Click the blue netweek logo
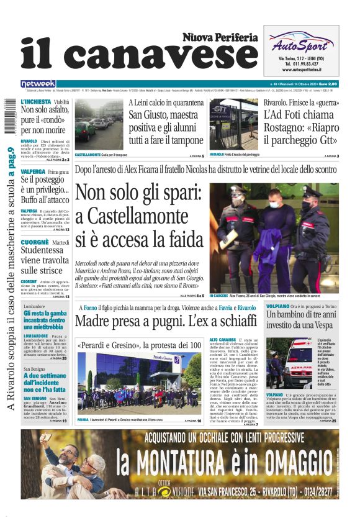click(x=38, y=84)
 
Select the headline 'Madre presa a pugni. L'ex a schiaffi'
click(x=166, y=322)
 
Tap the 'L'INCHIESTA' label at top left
click(x=35, y=101)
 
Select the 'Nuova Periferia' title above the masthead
click(x=220, y=37)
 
